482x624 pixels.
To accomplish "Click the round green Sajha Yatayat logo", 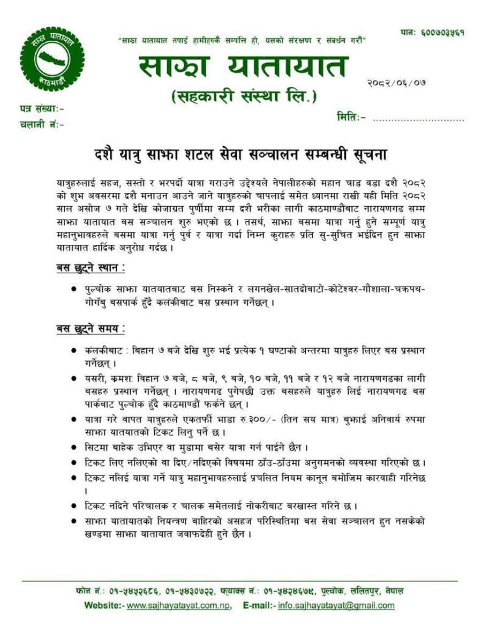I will point(52,58).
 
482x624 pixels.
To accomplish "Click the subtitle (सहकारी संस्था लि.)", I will point(244,97).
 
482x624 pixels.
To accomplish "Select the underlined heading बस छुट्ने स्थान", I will point(91,267).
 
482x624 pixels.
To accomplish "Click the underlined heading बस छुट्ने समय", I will point(91,328).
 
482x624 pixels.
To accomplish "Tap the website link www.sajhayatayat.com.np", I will point(179,606).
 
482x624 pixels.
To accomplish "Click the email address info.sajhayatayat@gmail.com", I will point(336,606).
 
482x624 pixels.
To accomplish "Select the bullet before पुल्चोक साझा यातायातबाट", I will point(74,290).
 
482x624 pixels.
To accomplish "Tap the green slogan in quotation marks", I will point(243,40).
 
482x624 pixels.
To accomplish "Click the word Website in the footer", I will point(102,606).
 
